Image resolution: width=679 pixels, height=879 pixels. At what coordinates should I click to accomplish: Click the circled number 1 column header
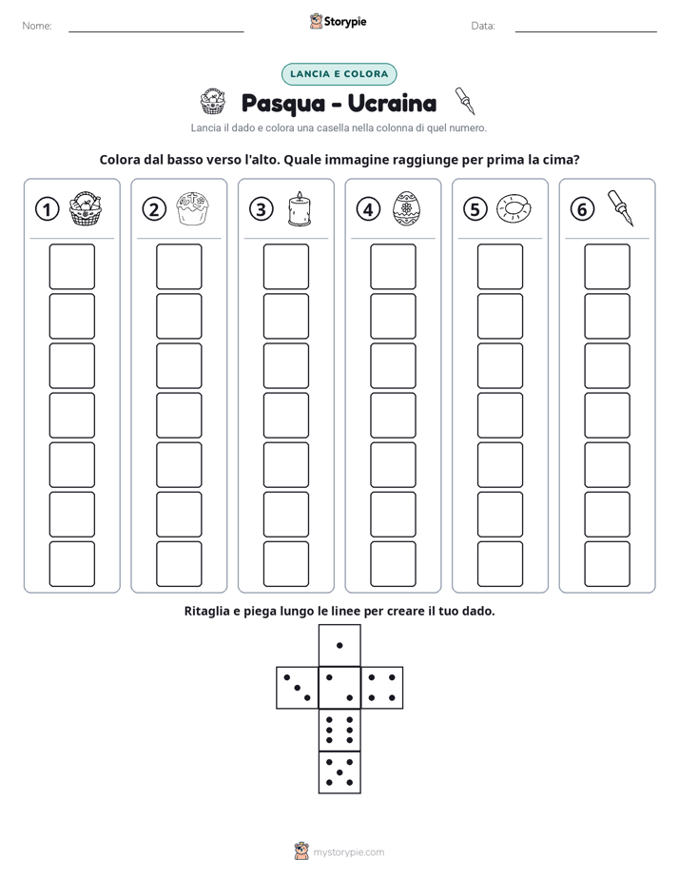point(47,209)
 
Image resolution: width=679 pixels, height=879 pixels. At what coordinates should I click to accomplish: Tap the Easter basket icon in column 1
point(86,208)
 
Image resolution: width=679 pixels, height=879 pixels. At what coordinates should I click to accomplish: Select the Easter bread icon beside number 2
point(192,208)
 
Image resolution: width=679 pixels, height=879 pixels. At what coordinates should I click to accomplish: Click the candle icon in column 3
point(300,208)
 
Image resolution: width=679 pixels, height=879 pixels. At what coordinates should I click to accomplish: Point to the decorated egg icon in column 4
point(406,208)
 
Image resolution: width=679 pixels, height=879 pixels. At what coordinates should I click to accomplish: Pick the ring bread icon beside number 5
point(514,208)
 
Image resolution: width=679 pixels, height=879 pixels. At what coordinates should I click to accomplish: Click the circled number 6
point(582,209)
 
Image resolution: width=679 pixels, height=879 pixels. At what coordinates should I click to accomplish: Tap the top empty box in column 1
point(71,266)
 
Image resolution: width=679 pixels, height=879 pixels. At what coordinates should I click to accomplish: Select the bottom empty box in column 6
point(607,564)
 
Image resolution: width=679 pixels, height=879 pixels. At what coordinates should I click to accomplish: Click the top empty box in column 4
point(393,266)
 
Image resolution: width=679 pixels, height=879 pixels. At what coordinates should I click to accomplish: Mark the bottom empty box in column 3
point(285,564)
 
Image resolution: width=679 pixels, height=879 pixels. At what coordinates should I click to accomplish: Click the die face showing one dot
point(339,645)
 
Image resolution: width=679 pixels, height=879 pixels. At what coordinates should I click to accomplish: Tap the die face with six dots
point(339,730)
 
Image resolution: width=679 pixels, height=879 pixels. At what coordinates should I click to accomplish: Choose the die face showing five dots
point(339,772)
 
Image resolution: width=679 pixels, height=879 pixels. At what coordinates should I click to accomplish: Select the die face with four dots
point(382,687)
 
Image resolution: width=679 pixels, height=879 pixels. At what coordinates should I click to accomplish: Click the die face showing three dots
point(297,687)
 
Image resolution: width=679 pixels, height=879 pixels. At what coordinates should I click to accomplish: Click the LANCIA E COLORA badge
point(339,74)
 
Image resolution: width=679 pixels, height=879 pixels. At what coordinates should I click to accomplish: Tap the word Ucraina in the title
point(392,103)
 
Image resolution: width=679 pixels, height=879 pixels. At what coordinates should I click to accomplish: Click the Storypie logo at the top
point(339,21)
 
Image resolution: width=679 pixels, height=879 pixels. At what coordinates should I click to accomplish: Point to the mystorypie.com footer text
point(348,852)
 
